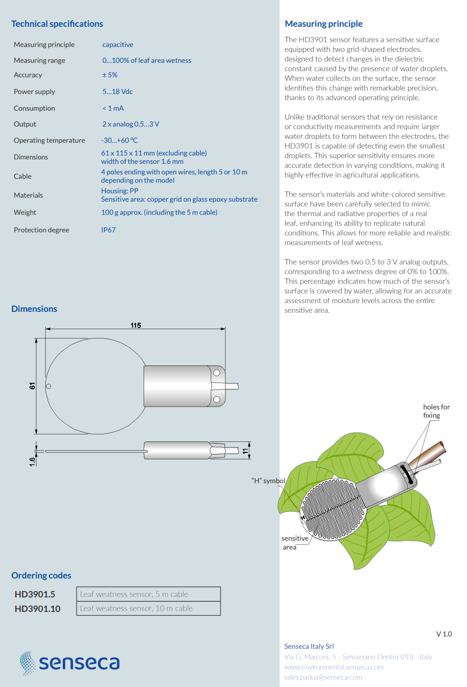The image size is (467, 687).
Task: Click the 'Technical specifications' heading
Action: (57, 24)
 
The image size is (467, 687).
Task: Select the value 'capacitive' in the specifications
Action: (118, 45)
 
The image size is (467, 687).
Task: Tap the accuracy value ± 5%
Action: (110, 75)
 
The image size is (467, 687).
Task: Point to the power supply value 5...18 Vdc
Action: (117, 92)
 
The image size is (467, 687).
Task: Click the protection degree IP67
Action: (108, 230)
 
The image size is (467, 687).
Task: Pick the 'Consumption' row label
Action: (34, 108)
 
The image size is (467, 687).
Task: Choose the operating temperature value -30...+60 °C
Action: (119, 141)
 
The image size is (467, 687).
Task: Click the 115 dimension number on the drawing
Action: (136, 325)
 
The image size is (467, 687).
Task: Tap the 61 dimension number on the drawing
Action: (32, 386)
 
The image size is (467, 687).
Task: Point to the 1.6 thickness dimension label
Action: (32, 462)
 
